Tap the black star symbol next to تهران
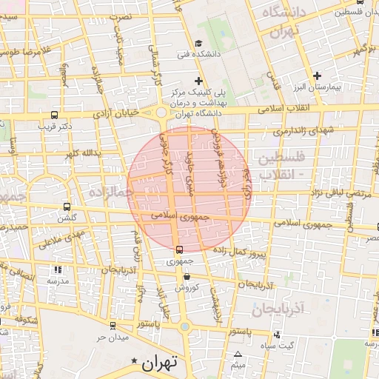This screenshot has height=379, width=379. (134, 361)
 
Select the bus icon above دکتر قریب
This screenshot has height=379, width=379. (54, 115)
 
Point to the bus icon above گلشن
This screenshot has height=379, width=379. (67, 207)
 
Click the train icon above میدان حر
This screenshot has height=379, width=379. (112, 325)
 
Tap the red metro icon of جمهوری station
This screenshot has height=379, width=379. (178, 249)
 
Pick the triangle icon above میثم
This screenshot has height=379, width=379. (238, 355)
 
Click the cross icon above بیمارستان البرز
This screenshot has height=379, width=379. (318, 76)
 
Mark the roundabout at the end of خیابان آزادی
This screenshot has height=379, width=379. (161, 114)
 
